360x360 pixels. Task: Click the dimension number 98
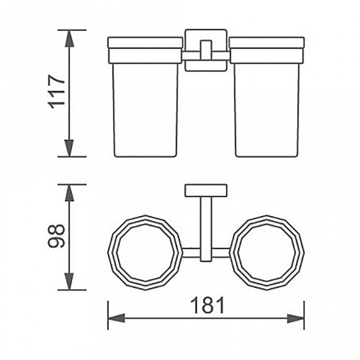coord(57,236)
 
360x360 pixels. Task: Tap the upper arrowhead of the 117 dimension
coord(69,39)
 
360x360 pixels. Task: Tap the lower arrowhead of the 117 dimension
coord(69,148)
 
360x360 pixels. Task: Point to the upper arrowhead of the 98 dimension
coord(69,193)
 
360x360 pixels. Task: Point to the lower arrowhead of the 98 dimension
coord(69,282)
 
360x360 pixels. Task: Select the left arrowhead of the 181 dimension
coord(117,318)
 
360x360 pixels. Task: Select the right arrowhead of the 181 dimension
coord(296,319)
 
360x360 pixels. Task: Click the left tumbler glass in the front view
coord(145,110)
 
